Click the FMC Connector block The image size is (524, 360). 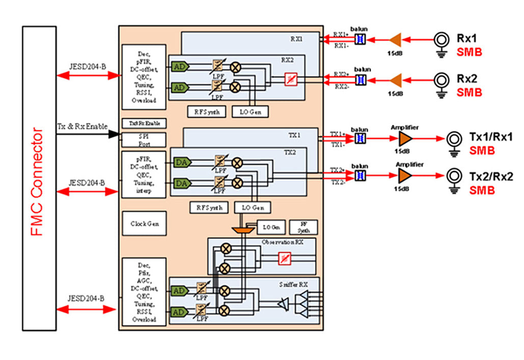coord(39,178)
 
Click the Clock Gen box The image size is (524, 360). coord(144,224)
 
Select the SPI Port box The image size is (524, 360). coord(144,140)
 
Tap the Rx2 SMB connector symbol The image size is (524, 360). coord(441,80)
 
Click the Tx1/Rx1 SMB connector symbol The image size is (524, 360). coord(454,139)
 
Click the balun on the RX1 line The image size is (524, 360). coord(360,39)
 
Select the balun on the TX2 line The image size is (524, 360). coord(360,176)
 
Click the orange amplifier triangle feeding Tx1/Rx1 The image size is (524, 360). coord(405,139)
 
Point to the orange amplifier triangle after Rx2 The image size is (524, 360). coord(396,79)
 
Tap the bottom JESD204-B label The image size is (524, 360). coord(87,298)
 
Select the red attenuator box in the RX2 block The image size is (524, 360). coord(290,79)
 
